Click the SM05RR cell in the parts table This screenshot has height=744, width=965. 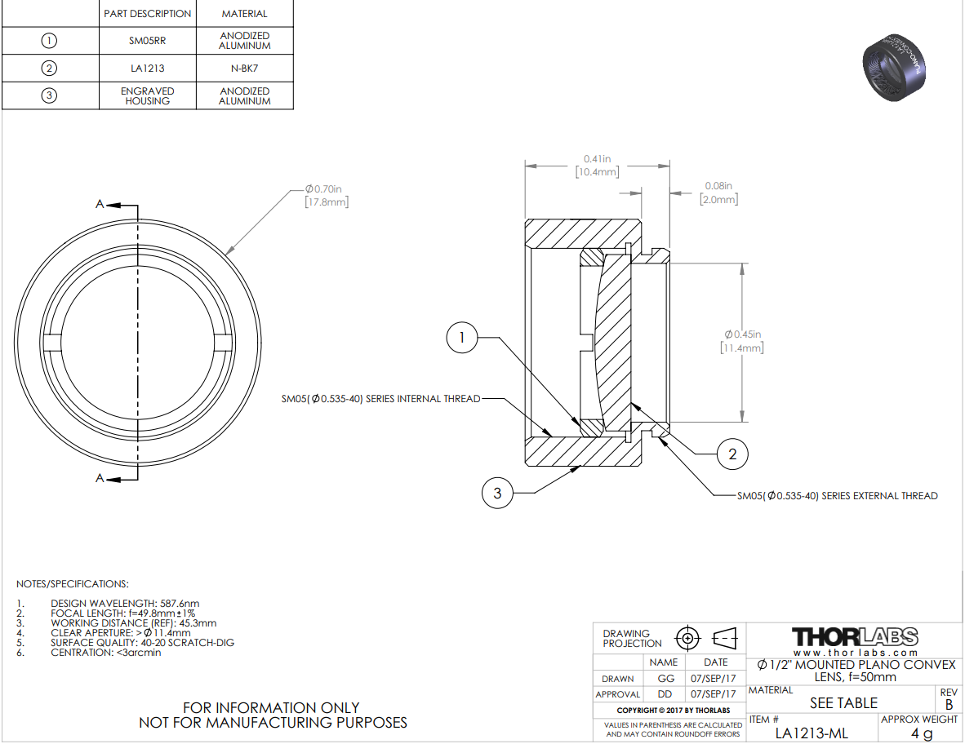[147, 41]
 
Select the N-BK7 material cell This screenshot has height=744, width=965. [244, 69]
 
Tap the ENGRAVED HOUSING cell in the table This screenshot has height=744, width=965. [147, 96]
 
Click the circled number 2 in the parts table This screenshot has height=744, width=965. [49, 68]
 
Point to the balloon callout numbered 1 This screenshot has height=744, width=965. [461, 337]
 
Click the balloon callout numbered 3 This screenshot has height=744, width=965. [497, 493]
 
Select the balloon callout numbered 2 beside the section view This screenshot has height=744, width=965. [732, 454]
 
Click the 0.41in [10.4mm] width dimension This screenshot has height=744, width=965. [597, 166]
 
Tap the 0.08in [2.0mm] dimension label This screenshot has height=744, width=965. [718, 193]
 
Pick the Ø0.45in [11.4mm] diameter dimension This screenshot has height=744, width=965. [742, 341]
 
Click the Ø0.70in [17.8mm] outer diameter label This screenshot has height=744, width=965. [327, 196]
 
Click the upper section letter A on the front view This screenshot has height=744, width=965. [100, 203]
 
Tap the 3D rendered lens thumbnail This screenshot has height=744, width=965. [894, 68]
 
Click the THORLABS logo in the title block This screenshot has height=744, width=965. [855, 637]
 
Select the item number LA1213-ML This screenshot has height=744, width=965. [812, 733]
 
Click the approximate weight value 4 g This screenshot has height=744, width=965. [921, 733]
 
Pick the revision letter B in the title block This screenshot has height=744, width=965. [949, 704]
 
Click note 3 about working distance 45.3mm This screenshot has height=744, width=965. [134, 623]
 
